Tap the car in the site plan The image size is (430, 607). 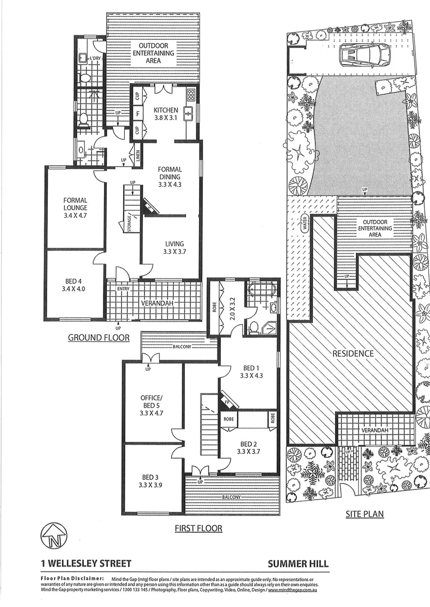click(364, 55)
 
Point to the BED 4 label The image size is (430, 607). click(75, 286)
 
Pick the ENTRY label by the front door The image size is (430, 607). click(123, 289)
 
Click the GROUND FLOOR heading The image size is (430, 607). click(99, 338)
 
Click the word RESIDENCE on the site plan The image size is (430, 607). click(352, 354)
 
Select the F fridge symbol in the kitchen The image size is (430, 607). click(137, 112)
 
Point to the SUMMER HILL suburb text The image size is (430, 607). click(298, 563)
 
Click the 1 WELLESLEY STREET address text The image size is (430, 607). click(86, 563)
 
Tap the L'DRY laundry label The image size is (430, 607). click(95, 58)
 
